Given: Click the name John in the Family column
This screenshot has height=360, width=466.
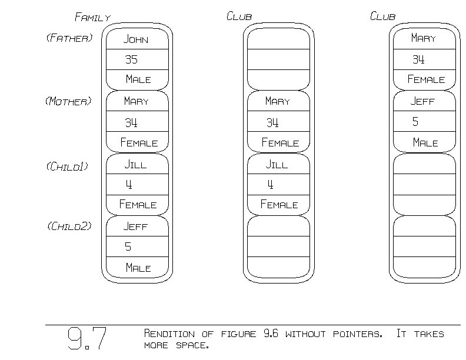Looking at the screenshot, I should (136, 40).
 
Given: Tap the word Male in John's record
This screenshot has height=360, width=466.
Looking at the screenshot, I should (138, 79).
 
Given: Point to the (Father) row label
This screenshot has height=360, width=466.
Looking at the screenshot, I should (69, 39).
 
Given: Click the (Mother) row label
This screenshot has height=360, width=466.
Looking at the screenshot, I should (69, 101).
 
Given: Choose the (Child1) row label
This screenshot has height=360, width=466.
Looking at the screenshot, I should (66, 166).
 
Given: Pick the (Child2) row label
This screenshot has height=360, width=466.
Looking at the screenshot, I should (69, 226).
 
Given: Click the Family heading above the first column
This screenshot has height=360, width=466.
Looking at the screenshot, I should (92, 17).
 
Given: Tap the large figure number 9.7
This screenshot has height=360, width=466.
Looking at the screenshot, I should (86, 339).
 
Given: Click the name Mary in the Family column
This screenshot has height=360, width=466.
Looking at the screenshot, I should (136, 101).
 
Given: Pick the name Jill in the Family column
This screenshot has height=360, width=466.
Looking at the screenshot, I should (135, 165).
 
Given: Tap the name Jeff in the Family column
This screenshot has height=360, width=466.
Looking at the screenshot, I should (135, 226).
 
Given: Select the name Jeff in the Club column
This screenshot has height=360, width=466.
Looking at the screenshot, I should (423, 101).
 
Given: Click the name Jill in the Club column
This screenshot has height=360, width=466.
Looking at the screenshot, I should (277, 165).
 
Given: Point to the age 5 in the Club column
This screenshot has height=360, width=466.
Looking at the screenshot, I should (415, 122).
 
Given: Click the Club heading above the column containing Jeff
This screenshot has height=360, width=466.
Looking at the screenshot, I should (382, 16).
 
